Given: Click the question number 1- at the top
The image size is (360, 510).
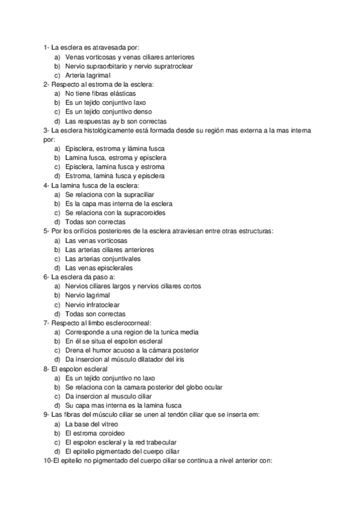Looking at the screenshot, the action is coord(46,48).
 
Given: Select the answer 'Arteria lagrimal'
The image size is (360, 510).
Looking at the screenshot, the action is coord(88,75).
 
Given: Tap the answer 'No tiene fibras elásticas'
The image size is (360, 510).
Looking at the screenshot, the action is coord(100,93).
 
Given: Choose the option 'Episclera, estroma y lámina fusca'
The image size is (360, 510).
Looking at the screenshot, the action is coord(115,149).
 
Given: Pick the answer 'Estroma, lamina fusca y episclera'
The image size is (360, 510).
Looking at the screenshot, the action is coord(115,176).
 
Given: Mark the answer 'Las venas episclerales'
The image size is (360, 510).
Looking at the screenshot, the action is coord(99,268).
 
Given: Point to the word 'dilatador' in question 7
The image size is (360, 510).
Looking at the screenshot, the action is coord(151,359).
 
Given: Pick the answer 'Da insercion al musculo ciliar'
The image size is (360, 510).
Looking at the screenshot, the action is coord(112,396).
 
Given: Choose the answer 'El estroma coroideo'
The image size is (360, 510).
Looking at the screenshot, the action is coord(95,433).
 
